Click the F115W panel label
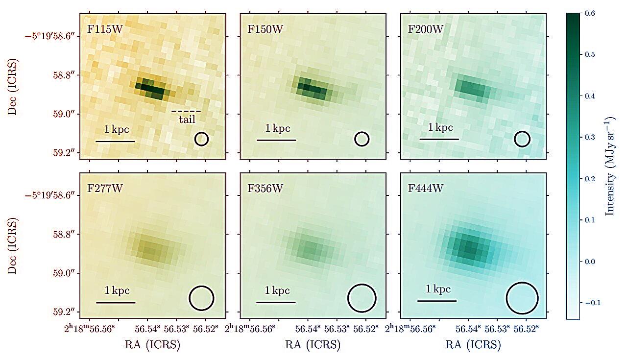pos(105,28)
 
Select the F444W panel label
pos(426,188)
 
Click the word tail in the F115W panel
pos(187,119)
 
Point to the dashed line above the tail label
pos(186,112)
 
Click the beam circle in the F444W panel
pos(522,298)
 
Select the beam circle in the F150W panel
pos(362,139)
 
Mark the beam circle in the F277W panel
pos(201,298)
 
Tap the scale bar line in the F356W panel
pos(276,302)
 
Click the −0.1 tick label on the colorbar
pos(591,303)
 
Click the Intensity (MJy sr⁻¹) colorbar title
pos(610,166)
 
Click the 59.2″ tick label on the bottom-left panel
pos(64,312)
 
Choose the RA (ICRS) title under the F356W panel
pos(313,345)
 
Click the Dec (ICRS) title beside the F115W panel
pos(13,87)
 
